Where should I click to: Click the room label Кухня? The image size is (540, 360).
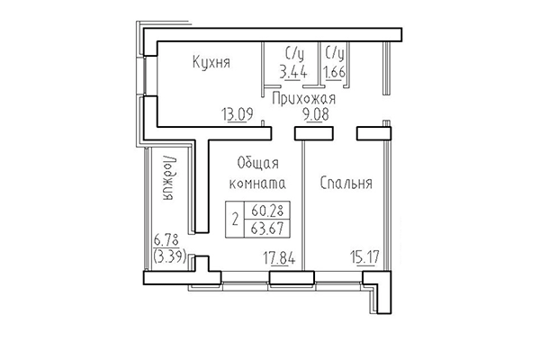(212, 63)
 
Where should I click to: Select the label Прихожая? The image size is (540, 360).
(303, 98)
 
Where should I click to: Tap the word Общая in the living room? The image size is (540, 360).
(256, 162)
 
